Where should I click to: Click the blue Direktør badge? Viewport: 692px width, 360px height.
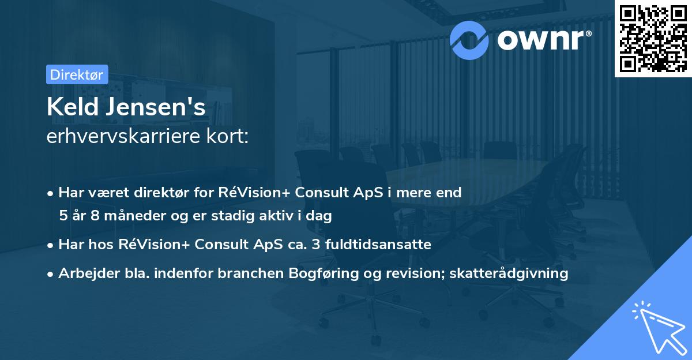pyautogui.click(x=76, y=74)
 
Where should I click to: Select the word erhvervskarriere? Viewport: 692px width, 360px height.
pyautogui.click(x=119, y=137)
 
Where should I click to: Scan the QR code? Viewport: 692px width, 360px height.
pyautogui.click(x=653, y=38)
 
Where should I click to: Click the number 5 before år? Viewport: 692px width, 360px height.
pyautogui.click(x=63, y=216)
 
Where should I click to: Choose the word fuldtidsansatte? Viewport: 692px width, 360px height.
pyautogui.click(x=378, y=245)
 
